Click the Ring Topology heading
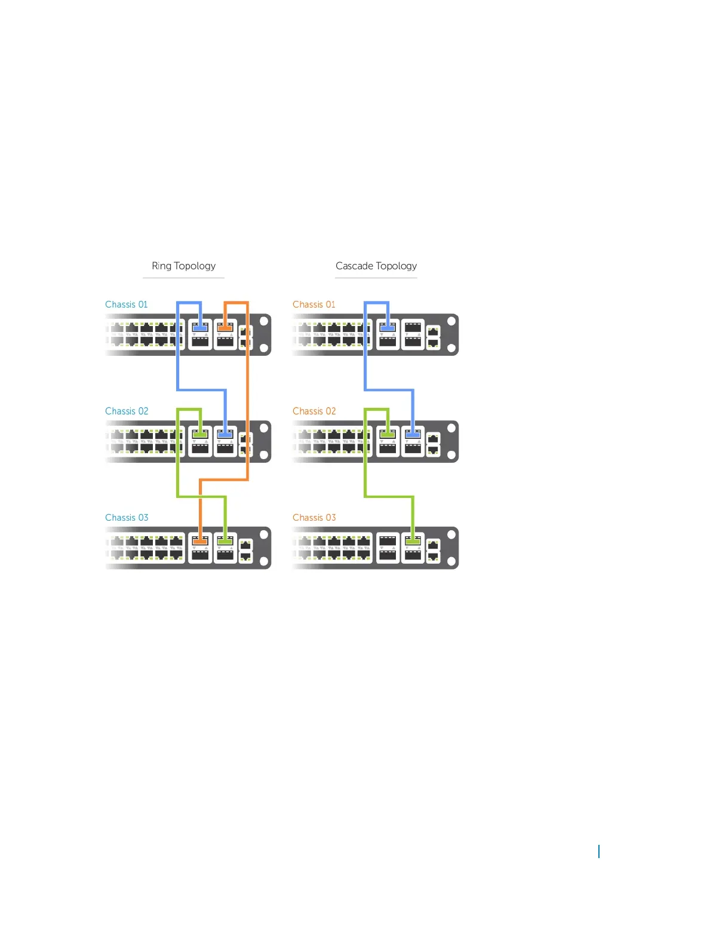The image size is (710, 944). [183, 266]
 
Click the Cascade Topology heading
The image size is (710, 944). [376, 266]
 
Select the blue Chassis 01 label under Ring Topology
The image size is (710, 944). [126, 305]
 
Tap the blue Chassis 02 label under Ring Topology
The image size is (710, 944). [127, 411]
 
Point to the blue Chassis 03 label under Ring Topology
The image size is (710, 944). [127, 518]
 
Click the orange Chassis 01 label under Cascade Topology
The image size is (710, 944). [314, 305]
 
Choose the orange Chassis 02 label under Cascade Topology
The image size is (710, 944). [314, 411]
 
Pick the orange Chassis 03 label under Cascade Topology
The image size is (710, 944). [314, 518]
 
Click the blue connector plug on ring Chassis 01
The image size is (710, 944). [200, 328]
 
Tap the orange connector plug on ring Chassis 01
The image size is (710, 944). [225, 328]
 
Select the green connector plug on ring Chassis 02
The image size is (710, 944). [200, 435]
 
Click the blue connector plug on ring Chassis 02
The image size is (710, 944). [225, 435]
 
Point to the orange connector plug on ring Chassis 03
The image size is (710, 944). [200, 541]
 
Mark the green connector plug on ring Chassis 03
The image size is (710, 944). [225, 541]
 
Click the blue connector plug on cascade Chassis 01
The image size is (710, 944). [388, 328]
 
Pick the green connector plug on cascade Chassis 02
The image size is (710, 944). [388, 435]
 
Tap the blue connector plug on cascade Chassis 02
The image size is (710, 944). [413, 435]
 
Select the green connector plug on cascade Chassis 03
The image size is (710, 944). [413, 541]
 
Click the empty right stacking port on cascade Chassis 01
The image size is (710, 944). [413, 328]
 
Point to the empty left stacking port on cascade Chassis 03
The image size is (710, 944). [388, 541]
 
